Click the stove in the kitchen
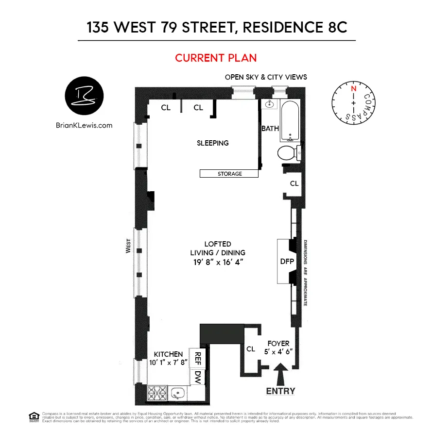click(x=157, y=393)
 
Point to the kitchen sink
click(x=178, y=393)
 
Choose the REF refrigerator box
click(x=198, y=358)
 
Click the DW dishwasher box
click(x=198, y=376)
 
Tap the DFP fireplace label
click(x=287, y=261)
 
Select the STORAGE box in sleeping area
click(x=229, y=174)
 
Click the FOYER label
click(x=278, y=344)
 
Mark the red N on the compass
click(x=353, y=89)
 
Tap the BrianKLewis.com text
click(x=85, y=125)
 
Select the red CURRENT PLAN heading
click(x=216, y=58)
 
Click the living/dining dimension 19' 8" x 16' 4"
click(x=218, y=262)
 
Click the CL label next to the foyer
click(x=251, y=349)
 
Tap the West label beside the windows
click(x=128, y=246)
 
